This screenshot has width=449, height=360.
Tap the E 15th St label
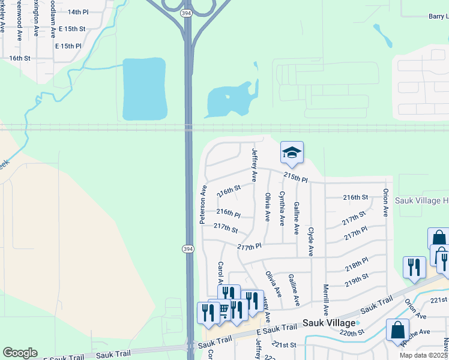pyautogui.click(x=70, y=29)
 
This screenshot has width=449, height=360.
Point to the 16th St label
pyautogui.click(x=19, y=58)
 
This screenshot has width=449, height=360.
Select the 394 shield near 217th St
pyautogui.click(x=188, y=248)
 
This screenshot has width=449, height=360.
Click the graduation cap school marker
pyautogui.click(x=292, y=153)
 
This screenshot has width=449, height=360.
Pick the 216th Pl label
pyautogui.click(x=228, y=213)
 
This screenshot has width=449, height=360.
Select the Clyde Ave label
pyautogui.click(x=310, y=242)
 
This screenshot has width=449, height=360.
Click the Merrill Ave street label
pyautogui.click(x=326, y=299)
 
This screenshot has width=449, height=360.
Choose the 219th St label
pyautogui.click(x=356, y=280)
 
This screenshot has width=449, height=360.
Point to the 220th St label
pyautogui.click(x=352, y=332)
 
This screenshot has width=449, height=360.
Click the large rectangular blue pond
pyautogui.click(x=144, y=89)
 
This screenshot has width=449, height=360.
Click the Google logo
pyautogui.click(x=20, y=353)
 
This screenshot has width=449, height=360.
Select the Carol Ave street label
pyautogui.click(x=221, y=273)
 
